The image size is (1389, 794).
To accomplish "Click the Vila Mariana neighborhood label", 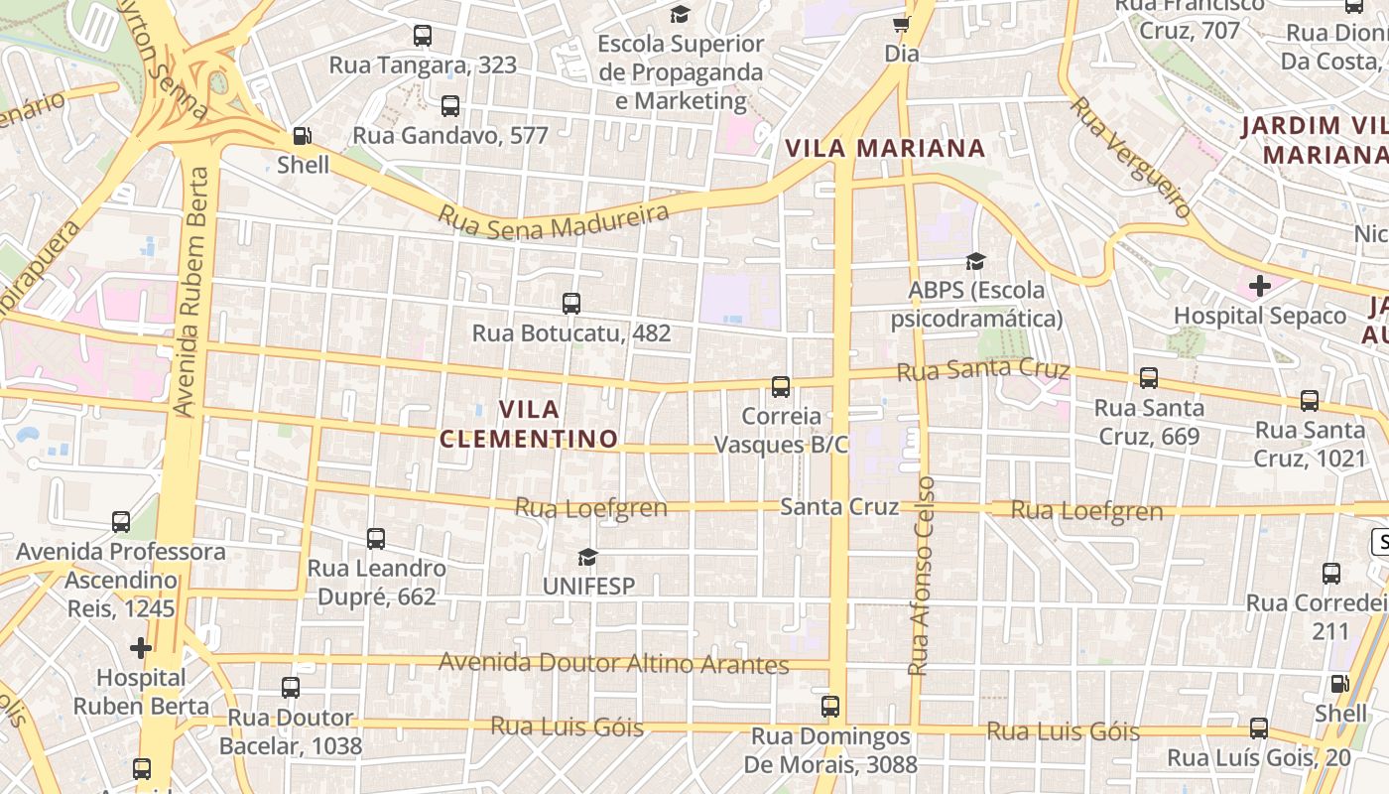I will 885,149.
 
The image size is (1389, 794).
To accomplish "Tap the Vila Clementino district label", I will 529,424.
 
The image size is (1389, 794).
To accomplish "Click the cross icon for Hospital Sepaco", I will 1260,287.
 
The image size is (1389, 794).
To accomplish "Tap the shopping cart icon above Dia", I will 901,24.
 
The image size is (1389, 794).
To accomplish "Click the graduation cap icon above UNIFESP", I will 588,557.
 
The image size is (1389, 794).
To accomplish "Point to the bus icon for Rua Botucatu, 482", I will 571,304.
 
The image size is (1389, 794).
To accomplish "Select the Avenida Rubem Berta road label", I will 190,292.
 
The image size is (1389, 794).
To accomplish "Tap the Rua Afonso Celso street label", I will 922,577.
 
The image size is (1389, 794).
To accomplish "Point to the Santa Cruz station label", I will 839,506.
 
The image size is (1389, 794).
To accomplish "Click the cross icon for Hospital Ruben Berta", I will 141,648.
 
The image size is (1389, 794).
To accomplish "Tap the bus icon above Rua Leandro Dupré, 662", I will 376,539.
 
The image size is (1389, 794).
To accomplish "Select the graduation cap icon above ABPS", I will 976,261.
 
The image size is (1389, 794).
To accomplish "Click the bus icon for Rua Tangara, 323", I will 423,36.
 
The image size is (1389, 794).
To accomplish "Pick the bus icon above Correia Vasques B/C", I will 782,387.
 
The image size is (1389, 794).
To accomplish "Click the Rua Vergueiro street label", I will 1132,157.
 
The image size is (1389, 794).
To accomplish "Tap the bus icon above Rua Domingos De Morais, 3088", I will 830,707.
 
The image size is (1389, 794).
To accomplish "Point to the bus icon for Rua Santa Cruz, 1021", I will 1310,401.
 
